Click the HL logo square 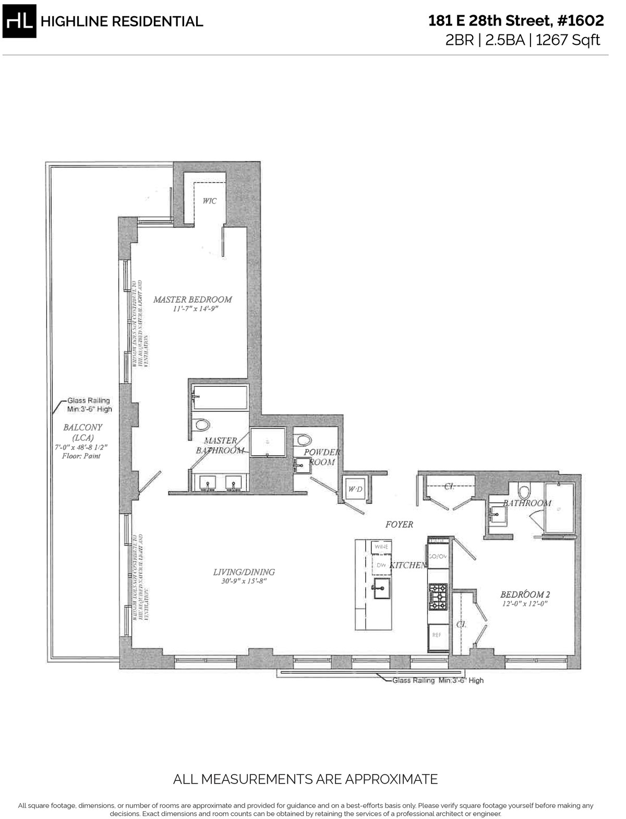pyautogui.click(x=19, y=21)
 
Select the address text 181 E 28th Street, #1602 pyautogui.click(x=515, y=21)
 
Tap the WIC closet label pyautogui.click(x=209, y=201)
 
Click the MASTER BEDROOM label pyautogui.click(x=192, y=300)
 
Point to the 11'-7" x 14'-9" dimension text pyautogui.click(x=192, y=309)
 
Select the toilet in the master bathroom pyautogui.click(x=200, y=425)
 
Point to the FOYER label pyautogui.click(x=399, y=525)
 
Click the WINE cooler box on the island pyautogui.click(x=379, y=547)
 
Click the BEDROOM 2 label pyautogui.click(x=525, y=595)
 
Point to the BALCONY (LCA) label pyautogui.click(x=82, y=432)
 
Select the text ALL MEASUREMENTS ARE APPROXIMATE pyautogui.click(x=305, y=780)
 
